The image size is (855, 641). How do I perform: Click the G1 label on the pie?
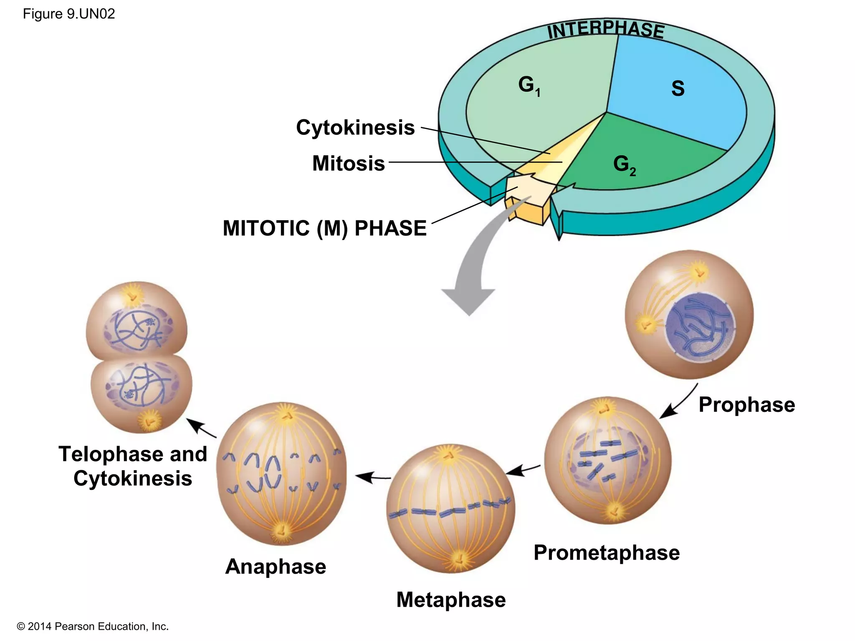(x=529, y=86)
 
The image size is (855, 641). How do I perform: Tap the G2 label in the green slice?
(x=624, y=164)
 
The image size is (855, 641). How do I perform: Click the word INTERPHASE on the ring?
(x=605, y=30)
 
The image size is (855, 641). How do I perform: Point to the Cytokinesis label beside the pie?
(x=355, y=127)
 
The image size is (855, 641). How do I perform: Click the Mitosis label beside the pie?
(x=348, y=163)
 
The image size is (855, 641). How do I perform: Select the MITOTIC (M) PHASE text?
(x=324, y=228)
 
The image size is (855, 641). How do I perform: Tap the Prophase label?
(x=746, y=404)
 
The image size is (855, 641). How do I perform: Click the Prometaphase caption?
(x=606, y=553)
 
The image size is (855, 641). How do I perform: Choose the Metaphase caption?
(x=451, y=600)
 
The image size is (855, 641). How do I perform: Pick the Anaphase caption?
(x=276, y=566)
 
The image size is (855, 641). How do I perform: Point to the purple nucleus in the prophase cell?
(x=700, y=327)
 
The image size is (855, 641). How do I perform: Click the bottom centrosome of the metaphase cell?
(x=458, y=558)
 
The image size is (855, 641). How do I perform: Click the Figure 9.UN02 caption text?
(x=69, y=14)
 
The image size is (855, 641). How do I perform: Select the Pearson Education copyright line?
(x=93, y=626)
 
